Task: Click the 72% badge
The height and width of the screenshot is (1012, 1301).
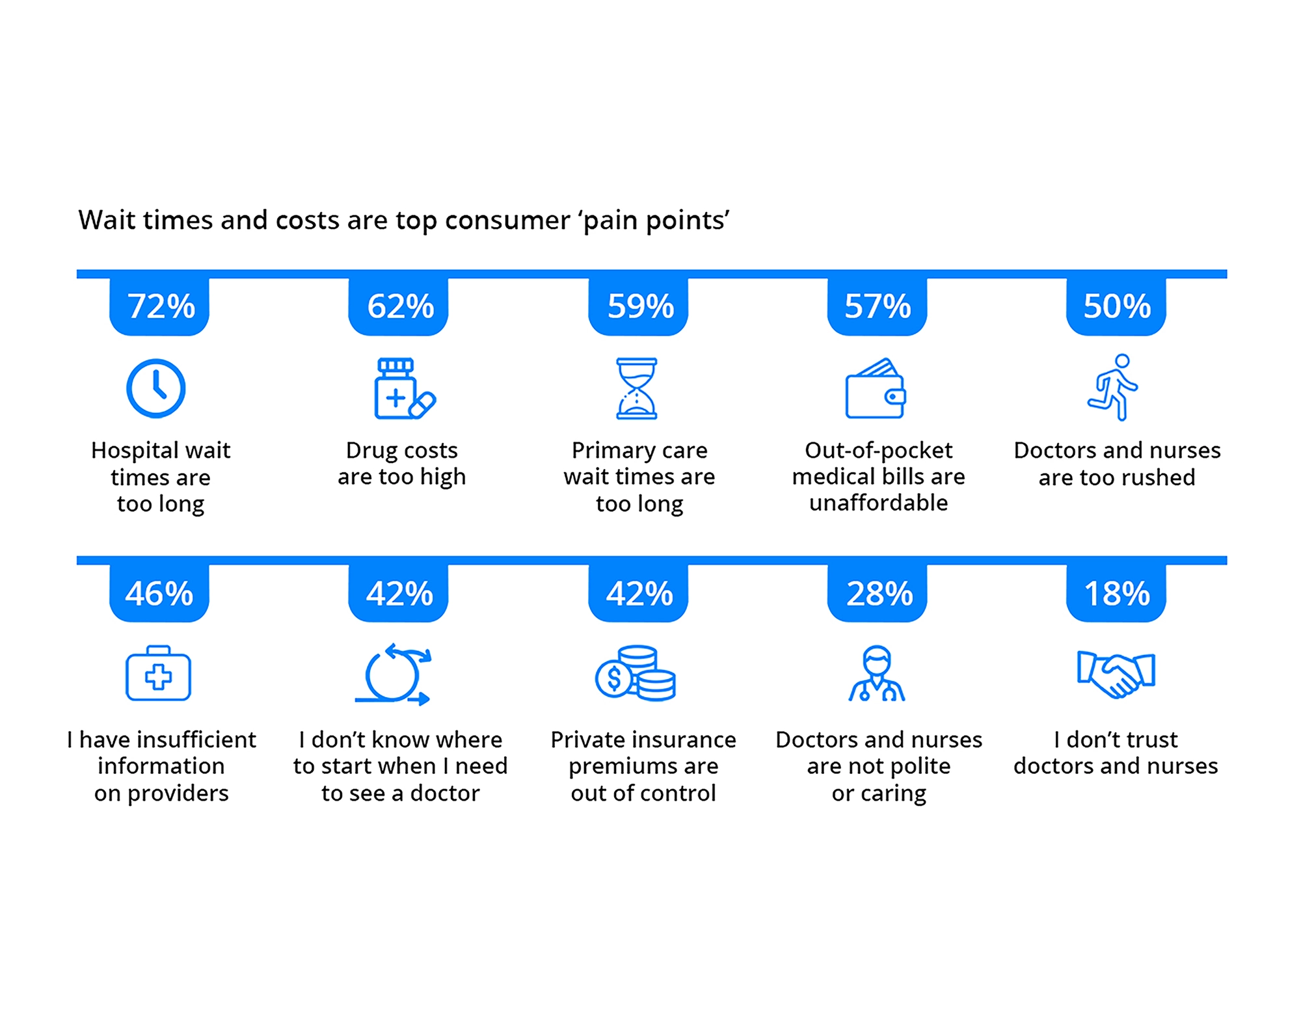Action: click(159, 306)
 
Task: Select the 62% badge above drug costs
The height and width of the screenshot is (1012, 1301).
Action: click(399, 306)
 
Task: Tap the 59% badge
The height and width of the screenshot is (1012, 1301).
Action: click(639, 306)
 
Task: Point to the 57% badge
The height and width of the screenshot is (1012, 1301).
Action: click(878, 306)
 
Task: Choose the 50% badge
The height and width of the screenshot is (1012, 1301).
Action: click(1116, 306)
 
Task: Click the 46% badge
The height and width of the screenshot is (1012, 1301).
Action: click(159, 593)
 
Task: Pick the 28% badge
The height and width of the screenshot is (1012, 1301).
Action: click(878, 593)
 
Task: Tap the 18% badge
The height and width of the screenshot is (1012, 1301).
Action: click(1116, 593)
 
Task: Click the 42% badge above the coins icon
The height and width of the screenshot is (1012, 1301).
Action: click(639, 593)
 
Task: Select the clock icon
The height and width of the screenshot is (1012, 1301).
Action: click(156, 388)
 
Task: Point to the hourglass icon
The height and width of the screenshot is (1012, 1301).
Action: click(637, 388)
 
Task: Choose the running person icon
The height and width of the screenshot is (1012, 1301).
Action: click(1114, 388)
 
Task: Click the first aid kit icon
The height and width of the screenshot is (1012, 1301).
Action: click(158, 674)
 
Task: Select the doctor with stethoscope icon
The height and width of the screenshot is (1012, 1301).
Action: click(877, 674)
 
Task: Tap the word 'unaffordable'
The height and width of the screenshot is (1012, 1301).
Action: click(878, 503)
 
